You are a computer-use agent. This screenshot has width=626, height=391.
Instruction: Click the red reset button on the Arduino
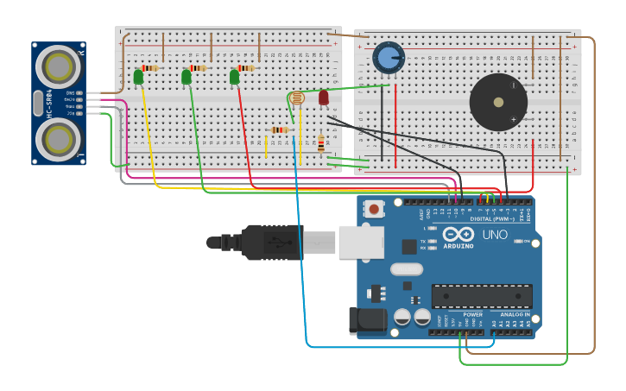click(x=374, y=209)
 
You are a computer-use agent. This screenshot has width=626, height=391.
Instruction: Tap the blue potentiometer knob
click(x=389, y=58)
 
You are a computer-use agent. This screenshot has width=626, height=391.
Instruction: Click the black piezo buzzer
click(x=498, y=102)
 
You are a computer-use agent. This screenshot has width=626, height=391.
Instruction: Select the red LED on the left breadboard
click(x=324, y=98)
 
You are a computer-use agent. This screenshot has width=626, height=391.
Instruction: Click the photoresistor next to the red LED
click(x=297, y=98)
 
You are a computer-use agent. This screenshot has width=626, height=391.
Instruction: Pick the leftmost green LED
click(x=138, y=77)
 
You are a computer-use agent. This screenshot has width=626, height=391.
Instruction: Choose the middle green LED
click(x=187, y=77)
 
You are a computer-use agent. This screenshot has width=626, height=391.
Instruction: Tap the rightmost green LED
click(x=235, y=77)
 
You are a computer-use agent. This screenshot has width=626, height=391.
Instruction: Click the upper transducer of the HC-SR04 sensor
click(x=59, y=66)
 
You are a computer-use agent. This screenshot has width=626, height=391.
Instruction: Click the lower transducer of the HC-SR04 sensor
click(x=59, y=138)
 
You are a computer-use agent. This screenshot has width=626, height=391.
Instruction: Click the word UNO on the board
click(x=495, y=235)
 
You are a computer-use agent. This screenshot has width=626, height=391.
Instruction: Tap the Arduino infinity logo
click(x=458, y=234)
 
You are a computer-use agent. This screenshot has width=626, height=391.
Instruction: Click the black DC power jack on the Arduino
click(x=367, y=320)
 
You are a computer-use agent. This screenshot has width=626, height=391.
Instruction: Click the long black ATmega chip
click(x=482, y=296)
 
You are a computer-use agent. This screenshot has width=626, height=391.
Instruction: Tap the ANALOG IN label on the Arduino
click(x=515, y=314)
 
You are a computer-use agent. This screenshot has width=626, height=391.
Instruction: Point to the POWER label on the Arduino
click(x=472, y=314)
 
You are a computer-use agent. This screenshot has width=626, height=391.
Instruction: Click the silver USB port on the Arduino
click(x=360, y=243)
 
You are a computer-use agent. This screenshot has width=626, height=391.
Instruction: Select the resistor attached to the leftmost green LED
click(x=150, y=68)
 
